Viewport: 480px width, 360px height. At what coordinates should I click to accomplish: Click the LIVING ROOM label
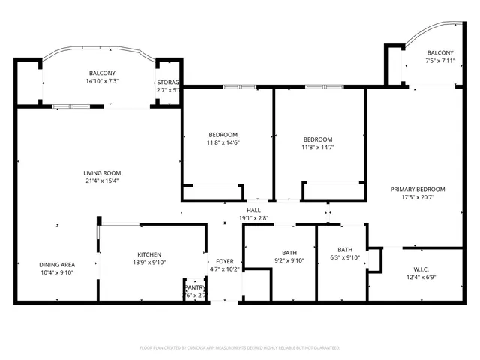102,172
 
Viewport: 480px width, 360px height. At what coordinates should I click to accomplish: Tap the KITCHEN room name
148,254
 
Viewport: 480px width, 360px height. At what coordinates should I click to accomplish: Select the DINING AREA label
57,264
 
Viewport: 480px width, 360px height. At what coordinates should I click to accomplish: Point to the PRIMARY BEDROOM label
418,189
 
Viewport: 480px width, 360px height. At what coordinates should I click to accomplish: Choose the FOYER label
225,261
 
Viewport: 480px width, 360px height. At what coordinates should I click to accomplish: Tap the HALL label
253,211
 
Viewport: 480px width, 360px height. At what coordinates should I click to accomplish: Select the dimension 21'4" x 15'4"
102,181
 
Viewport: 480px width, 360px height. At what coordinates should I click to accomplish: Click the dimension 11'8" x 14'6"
223,142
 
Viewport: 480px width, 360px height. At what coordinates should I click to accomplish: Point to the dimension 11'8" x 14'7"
318,148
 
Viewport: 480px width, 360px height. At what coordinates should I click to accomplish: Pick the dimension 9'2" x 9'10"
289,260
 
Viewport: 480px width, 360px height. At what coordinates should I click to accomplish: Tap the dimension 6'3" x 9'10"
345,257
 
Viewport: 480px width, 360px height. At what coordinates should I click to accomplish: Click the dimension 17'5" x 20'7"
418,197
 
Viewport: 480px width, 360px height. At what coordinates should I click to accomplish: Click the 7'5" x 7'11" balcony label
440,61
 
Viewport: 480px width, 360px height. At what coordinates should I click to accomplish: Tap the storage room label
168,82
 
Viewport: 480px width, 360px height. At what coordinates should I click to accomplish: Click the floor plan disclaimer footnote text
240,347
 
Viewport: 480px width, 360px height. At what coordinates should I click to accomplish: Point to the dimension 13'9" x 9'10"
148,262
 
